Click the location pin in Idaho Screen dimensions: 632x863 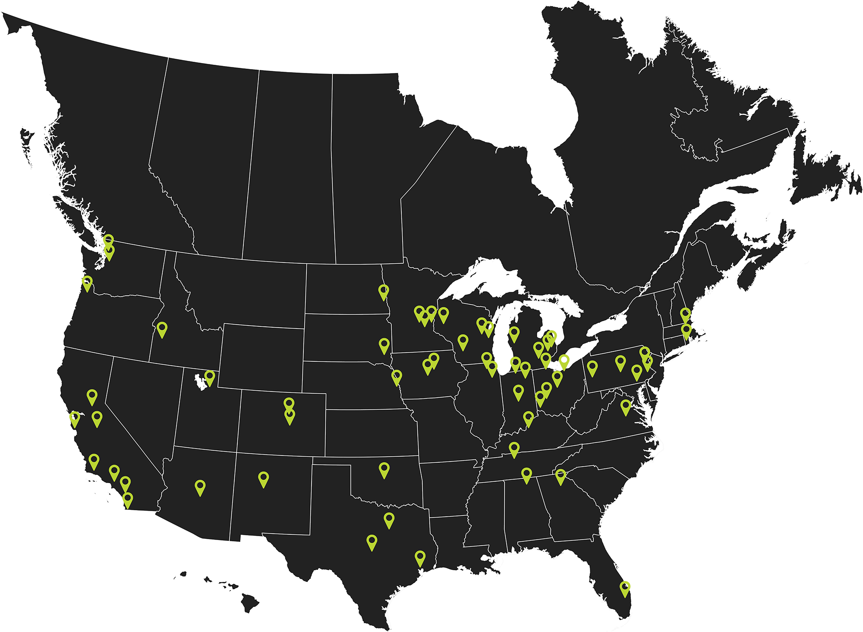click(x=162, y=329)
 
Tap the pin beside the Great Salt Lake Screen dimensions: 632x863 click(x=210, y=377)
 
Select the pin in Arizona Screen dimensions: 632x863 click(x=200, y=487)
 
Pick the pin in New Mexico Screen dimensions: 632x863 click(x=264, y=478)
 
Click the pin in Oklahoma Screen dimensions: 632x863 click(x=384, y=469)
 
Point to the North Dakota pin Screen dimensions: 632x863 click(x=384, y=291)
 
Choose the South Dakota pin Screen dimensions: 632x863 click(x=384, y=345)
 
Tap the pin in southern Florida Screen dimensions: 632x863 click(x=625, y=588)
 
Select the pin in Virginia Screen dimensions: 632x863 click(x=626, y=406)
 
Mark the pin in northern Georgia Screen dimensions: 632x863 click(x=561, y=476)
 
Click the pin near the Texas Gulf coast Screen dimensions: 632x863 click(x=420, y=557)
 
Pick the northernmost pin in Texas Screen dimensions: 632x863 click(x=389, y=519)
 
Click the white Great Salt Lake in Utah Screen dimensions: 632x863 click(x=199, y=382)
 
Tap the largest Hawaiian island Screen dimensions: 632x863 click(x=249, y=602)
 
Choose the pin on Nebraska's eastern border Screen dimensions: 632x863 click(x=397, y=376)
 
